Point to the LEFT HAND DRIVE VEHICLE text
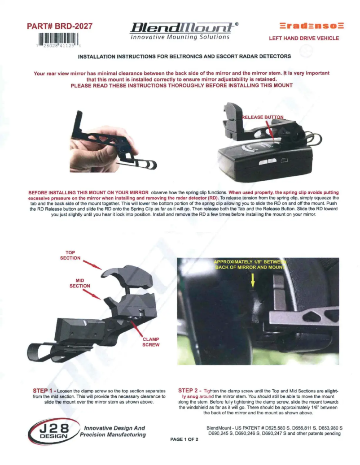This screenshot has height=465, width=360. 304,38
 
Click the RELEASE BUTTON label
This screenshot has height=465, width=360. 263,117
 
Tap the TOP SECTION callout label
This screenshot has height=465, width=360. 70,255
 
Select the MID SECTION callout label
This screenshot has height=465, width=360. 79,283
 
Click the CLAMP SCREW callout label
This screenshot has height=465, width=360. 148,342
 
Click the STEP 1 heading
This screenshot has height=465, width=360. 46,391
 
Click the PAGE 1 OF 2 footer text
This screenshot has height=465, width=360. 184,439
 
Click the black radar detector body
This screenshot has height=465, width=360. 265,161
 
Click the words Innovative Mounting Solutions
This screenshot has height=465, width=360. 180,37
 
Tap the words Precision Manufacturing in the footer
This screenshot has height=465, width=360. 113,435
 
